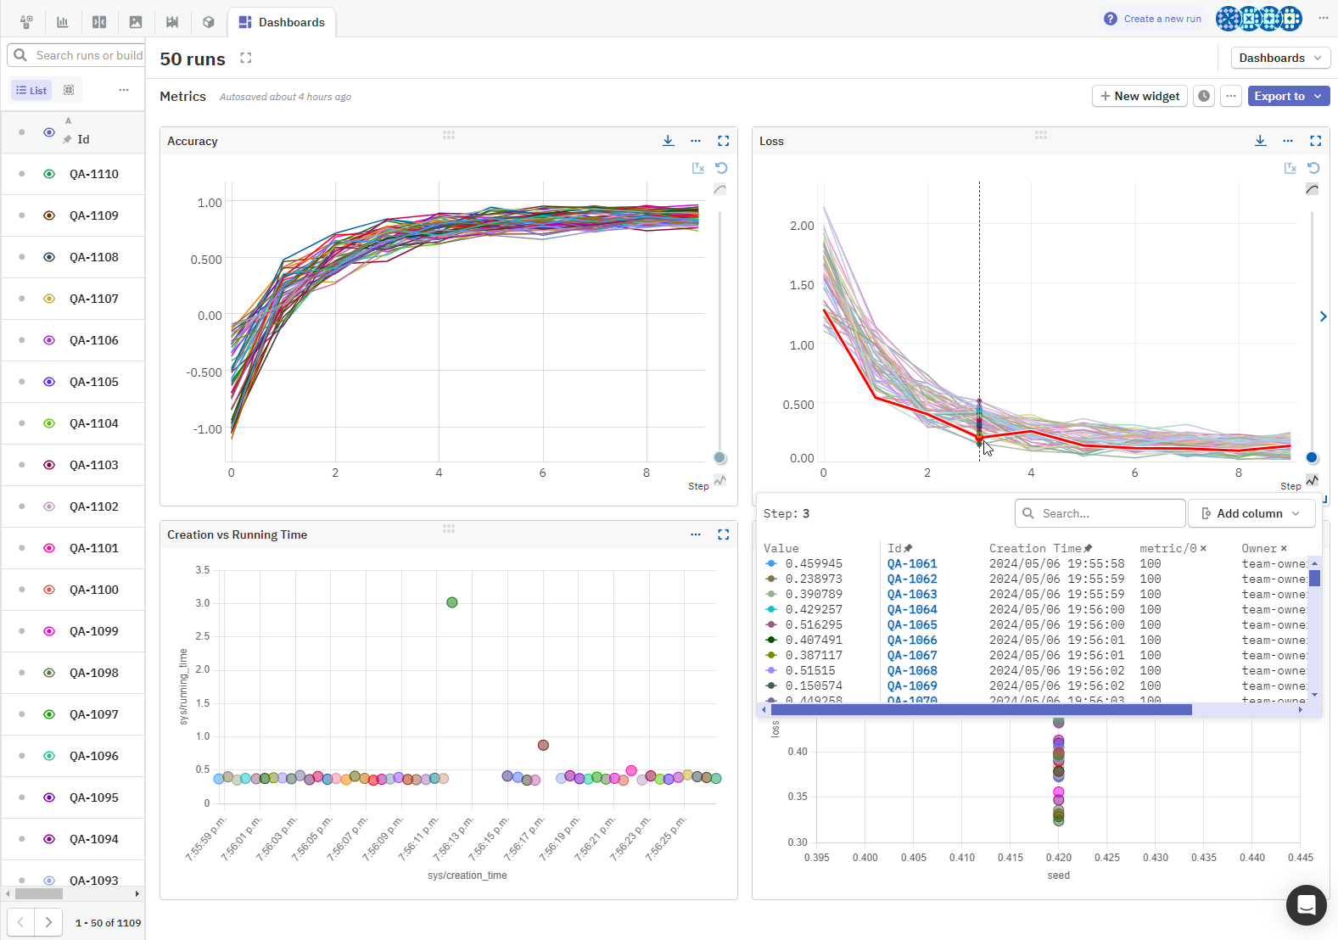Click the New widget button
(1139, 96)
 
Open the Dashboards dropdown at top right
(1279, 58)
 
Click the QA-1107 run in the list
(93, 299)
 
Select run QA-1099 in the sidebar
(93, 631)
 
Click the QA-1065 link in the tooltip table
(912, 624)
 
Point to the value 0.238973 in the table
(814, 579)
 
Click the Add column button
(1251, 513)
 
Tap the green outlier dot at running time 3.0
(452, 602)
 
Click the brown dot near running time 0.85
(543, 745)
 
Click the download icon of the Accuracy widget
(669, 141)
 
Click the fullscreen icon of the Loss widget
(1315, 141)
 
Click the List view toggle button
(31, 90)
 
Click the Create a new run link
(1162, 19)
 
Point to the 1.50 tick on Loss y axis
(801, 285)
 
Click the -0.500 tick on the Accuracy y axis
(204, 372)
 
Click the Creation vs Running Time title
(237, 534)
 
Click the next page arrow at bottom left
(48, 922)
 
